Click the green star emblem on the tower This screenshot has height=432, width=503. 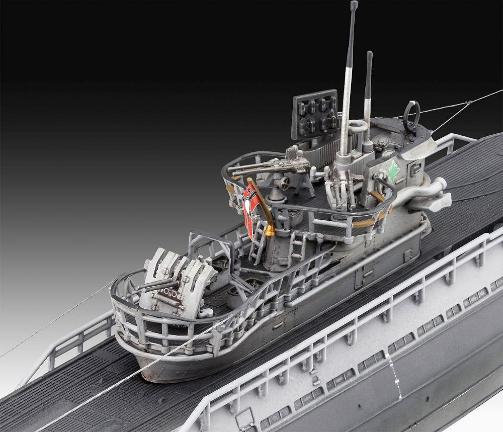[x=393, y=171]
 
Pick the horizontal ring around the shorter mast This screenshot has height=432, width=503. [x=358, y=125]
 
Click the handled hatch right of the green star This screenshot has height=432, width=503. [x=415, y=168]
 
